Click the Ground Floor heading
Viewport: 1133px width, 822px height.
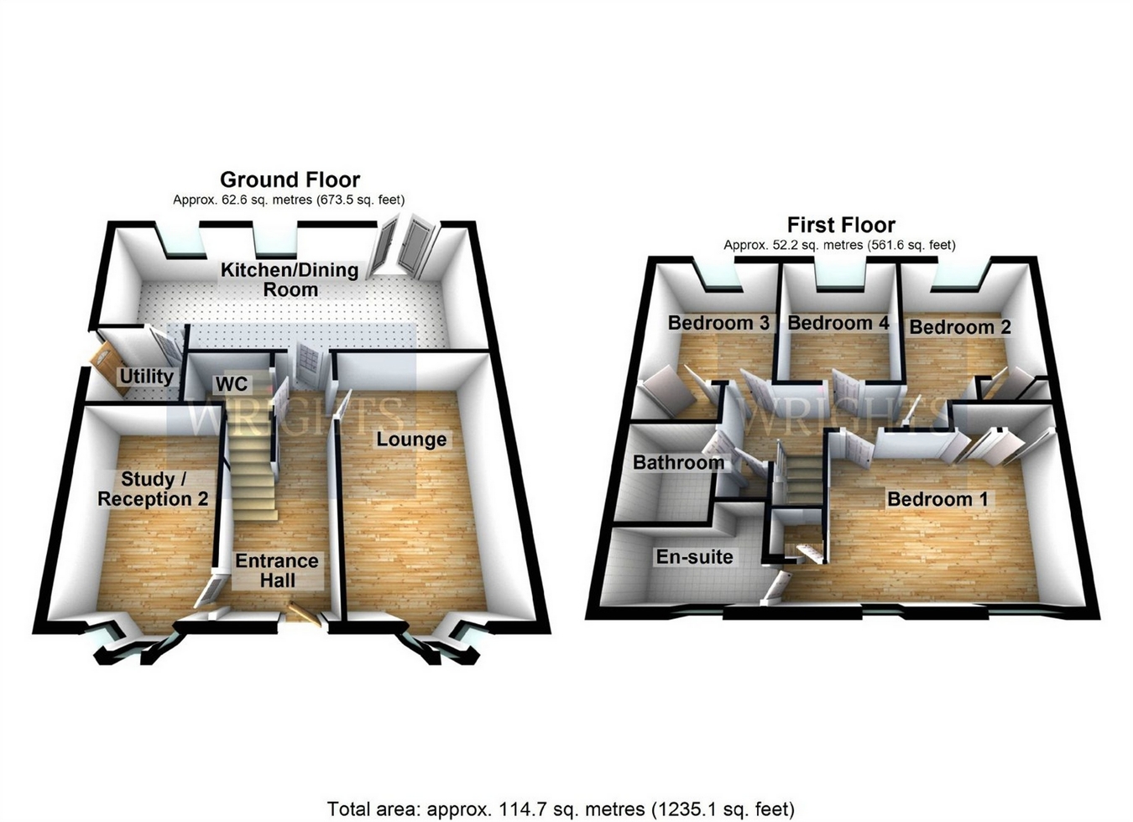(290, 179)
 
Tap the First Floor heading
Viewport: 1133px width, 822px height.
(841, 225)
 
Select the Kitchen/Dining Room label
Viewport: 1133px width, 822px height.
(290, 279)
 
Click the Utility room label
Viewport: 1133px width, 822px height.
(146, 377)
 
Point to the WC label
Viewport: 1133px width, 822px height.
(232, 384)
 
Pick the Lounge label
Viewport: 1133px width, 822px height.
(411, 439)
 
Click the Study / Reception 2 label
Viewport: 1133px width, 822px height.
(153, 489)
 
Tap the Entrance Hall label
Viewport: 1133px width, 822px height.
(277, 570)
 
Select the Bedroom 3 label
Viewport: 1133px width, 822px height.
(718, 323)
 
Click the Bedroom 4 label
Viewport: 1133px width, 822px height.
(838, 323)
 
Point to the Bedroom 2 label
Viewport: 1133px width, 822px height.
(960, 327)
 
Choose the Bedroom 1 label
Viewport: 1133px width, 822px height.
(937, 499)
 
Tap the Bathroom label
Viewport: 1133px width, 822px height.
(678, 462)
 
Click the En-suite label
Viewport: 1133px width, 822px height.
(694, 557)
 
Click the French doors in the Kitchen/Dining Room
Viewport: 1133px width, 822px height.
(403, 245)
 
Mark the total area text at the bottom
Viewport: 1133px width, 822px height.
(560, 809)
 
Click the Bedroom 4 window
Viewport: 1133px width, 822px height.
(839, 286)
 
